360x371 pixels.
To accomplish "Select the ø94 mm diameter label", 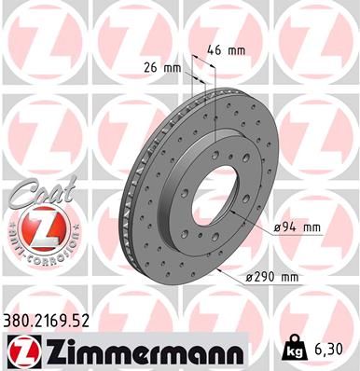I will pyautogui.click(x=298, y=227).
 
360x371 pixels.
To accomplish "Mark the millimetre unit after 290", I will pyautogui.click(x=289, y=278).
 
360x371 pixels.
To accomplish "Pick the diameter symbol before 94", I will pyautogui.click(x=278, y=227).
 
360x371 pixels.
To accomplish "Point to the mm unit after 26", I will pyautogui.click(x=173, y=67).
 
